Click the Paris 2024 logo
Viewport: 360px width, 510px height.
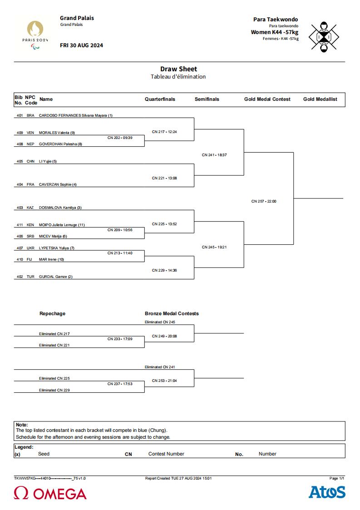point(35,35)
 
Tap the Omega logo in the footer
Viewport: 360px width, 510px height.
point(50,493)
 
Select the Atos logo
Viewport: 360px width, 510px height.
point(327,492)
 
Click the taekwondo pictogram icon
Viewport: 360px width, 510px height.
point(324,37)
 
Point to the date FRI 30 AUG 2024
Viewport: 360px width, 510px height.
point(81,45)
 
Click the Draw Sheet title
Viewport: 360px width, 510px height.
point(178,69)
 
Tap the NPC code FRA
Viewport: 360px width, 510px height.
point(30,184)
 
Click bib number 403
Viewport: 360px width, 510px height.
point(20,208)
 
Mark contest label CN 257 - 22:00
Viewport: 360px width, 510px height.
point(264,201)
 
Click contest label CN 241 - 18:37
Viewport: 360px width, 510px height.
point(214,155)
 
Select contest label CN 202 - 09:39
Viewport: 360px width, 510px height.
point(120,138)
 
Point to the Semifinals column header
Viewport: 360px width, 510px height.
point(207,99)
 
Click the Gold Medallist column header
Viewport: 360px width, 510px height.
point(321,99)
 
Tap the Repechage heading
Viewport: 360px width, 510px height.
point(52,313)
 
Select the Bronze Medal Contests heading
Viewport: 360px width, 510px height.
point(172,313)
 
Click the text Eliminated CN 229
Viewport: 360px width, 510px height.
point(54,390)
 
